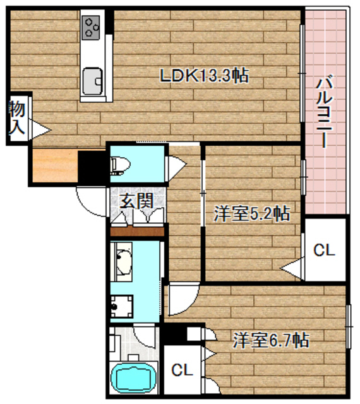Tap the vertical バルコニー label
coord(325,111)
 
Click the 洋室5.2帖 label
coord(251,214)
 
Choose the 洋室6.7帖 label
coord(270,341)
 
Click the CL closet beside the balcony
coord(324,251)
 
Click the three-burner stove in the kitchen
coord(92,26)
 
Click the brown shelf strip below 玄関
coord(137,231)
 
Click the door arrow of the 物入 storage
coord(41,130)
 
